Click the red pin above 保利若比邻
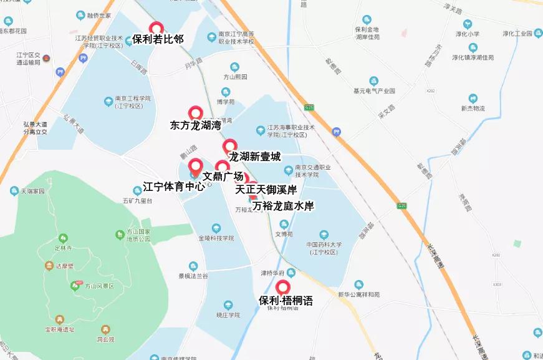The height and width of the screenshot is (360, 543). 156,28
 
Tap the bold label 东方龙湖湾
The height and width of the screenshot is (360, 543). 195,125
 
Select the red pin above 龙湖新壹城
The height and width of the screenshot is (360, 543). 229,146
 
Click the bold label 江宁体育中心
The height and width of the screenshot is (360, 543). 174,187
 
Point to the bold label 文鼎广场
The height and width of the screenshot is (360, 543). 223,177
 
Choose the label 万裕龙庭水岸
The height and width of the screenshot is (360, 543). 283,205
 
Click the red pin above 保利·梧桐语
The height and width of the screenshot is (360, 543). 284,288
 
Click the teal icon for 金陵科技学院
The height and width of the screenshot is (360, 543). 216,228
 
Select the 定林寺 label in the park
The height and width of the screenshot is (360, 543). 64,248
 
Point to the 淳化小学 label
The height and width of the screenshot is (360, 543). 468,34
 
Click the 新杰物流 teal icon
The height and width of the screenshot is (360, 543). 473,98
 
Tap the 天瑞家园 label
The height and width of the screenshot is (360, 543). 34,192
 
